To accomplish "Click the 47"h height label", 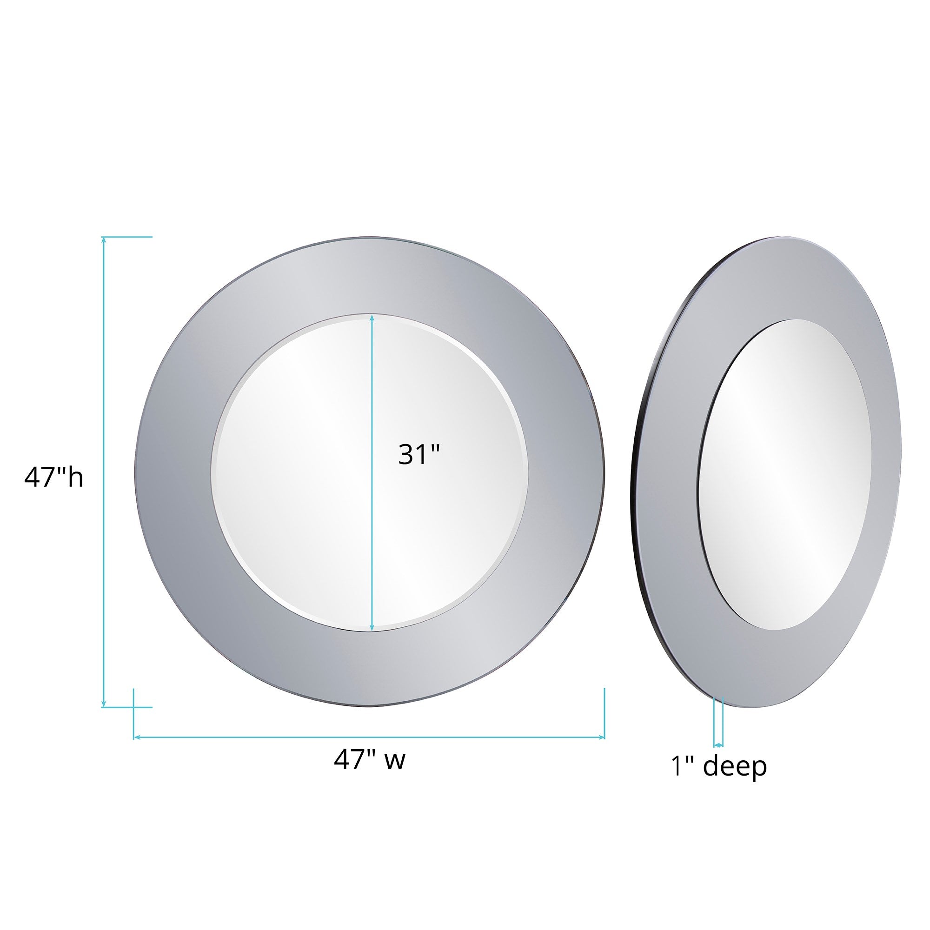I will click(x=53, y=478).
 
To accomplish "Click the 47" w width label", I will click(x=369, y=760).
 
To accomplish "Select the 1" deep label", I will click(x=719, y=766).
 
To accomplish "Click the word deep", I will click(x=735, y=767).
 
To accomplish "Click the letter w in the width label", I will click(x=396, y=761).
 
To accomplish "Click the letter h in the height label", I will click(x=76, y=478).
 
